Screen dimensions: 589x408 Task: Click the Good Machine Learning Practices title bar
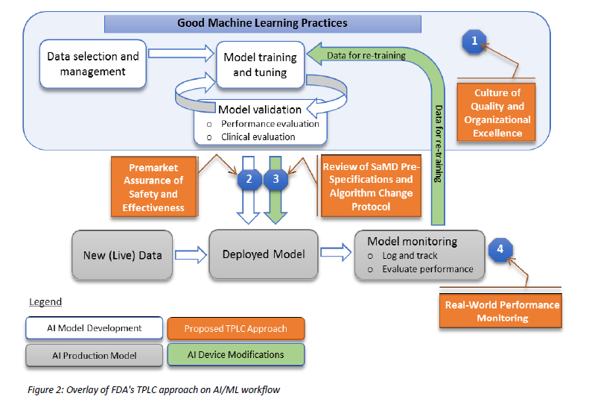tap(263, 23)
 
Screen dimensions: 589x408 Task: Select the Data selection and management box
tap(93, 64)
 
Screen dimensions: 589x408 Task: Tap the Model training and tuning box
tap(260, 65)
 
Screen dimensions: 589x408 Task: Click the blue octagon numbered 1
tap(474, 41)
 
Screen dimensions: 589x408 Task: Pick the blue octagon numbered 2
tap(249, 179)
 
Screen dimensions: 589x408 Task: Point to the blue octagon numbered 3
tap(276, 179)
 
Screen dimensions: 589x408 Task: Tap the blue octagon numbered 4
tap(500, 249)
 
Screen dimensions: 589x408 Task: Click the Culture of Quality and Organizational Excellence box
tap(497, 112)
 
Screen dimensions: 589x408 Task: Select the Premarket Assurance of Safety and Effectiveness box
tap(154, 186)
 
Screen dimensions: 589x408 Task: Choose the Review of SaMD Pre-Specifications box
tap(371, 186)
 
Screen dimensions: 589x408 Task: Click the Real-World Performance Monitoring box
tap(501, 311)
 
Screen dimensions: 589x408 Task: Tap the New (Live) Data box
tap(122, 255)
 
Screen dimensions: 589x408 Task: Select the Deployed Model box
tap(264, 254)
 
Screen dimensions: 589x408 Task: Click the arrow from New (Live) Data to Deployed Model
tap(191, 255)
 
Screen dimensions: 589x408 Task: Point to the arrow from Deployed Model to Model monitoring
tap(336, 252)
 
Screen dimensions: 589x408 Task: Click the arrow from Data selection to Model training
tap(181, 53)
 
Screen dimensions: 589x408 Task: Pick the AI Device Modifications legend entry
tap(236, 354)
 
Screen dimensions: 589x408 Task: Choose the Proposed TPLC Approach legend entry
tap(236, 329)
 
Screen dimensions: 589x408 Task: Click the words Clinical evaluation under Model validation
tap(258, 137)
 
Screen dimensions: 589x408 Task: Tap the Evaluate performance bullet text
tap(428, 269)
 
